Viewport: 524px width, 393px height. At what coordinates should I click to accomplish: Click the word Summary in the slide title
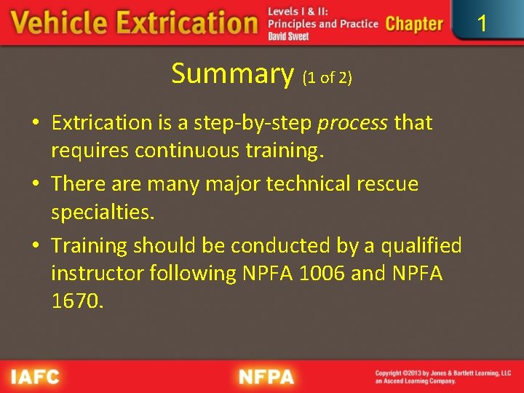232,74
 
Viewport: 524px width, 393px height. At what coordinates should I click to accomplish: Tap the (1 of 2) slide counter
327,77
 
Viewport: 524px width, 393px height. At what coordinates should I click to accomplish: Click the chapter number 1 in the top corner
481,23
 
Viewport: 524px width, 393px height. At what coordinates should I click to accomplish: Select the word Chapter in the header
414,24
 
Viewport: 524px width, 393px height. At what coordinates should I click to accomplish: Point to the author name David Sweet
288,36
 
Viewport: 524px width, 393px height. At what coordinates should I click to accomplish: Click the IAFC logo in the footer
34,377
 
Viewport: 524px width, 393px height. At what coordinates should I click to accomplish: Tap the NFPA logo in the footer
266,377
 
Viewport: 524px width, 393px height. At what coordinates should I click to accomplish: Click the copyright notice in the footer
442,377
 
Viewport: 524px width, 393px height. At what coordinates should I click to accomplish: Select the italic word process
352,123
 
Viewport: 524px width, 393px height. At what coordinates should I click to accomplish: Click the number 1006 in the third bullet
317,274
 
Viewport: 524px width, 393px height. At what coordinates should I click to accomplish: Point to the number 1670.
77,301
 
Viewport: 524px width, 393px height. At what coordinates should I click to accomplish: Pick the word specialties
103,213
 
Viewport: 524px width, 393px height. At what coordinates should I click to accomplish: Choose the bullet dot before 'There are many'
36,185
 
